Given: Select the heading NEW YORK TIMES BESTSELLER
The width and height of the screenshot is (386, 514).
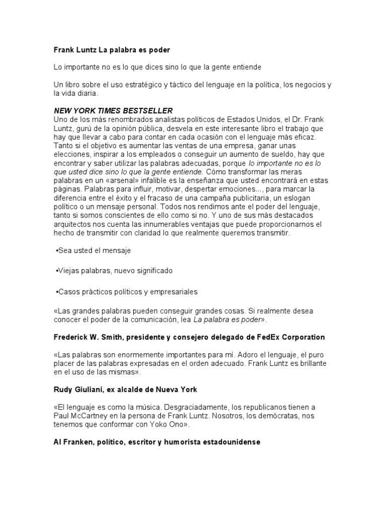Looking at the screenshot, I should pos(113,110).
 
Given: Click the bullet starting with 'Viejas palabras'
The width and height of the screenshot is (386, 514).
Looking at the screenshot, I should pos(115,271).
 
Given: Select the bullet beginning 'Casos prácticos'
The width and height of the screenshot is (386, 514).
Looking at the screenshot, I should pos(128,291).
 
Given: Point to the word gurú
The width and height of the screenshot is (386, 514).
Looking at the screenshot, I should pos(86,128).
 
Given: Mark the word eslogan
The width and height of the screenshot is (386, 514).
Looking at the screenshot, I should pos(301,198).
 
